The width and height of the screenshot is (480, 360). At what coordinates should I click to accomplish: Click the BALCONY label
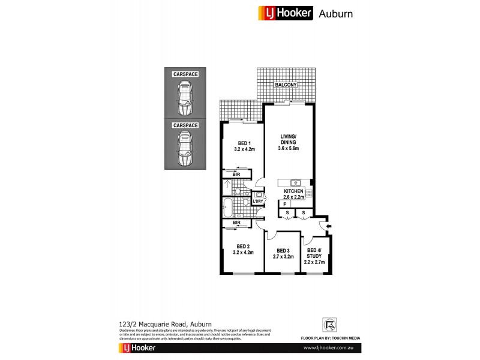(286, 85)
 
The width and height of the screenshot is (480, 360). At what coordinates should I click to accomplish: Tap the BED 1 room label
(243, 146)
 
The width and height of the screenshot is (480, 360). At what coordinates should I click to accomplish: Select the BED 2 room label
(243, 249)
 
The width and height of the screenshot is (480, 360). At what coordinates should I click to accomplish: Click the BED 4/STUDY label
(315, 256)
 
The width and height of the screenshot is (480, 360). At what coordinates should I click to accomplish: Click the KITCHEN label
(294, 193)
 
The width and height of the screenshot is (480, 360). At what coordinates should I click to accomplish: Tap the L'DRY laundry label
(259, 201)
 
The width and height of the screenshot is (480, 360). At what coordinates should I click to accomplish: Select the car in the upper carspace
(185, 98)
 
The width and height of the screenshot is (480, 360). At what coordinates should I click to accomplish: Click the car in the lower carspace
(185, 149)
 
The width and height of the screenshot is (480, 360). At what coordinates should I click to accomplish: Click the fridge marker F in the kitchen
(284, 205)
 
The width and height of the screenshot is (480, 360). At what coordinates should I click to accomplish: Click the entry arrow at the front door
(325, 226)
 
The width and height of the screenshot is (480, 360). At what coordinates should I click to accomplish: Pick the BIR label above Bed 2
(236, 223)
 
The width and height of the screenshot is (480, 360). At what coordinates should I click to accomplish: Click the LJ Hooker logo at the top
(285, 13)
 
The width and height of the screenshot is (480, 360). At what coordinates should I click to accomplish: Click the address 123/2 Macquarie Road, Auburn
(158, 323)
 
